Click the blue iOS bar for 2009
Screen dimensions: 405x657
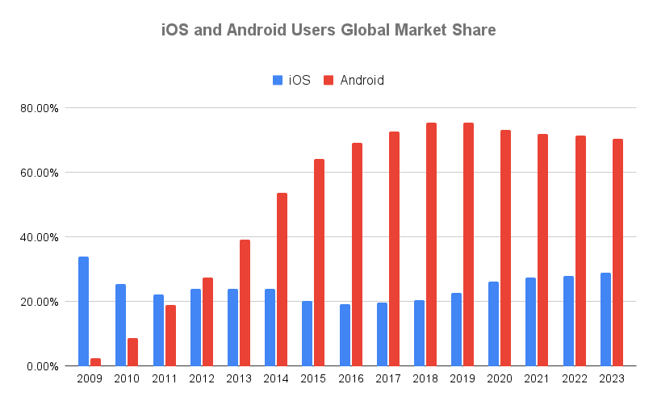[x=83, y=311]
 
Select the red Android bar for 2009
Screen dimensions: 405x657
[x=96, y=362]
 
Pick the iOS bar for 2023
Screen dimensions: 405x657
[x=605, y=319]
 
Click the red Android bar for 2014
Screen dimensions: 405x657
[x=282, y=279]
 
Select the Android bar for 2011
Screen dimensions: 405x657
[x=170, y=336]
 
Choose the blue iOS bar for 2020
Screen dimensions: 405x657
[x=494, y=324]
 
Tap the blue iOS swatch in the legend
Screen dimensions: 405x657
[x=277, y=81]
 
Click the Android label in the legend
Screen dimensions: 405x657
[x=362, y=81]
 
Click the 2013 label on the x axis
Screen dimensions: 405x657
[x=239, y=378]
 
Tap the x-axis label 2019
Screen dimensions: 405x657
[x=462, y=378]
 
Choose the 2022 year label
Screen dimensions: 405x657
[x=574, y=378]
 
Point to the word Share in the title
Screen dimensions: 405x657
[x=471, y=31]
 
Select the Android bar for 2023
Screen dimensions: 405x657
[x=618, y=253]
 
